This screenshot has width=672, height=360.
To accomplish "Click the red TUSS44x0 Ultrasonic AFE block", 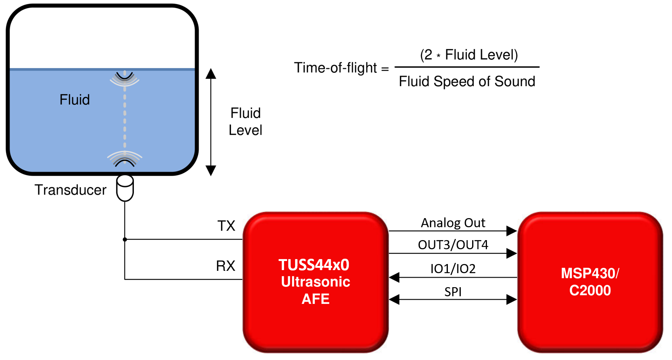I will (316, 282).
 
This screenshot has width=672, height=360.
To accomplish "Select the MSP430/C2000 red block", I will (590, 282).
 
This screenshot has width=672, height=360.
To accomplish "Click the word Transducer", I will (71, 190).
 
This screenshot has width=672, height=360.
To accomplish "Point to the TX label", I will (226, 226).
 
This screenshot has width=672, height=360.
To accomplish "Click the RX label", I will (226, 266).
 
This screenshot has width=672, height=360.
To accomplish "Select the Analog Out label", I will (453, 223).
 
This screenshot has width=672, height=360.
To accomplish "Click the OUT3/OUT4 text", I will (453, 245).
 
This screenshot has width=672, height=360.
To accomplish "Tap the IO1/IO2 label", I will (453, 269).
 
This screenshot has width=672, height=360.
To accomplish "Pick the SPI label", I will (453, 292).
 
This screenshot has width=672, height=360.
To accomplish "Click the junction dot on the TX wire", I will (125, 239).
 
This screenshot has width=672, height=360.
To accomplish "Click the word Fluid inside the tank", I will (75, 100).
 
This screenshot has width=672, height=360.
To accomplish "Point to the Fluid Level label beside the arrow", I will (245, 122).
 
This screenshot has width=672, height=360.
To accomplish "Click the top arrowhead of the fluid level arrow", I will (211, 74).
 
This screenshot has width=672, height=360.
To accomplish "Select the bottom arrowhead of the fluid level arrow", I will (211, 170).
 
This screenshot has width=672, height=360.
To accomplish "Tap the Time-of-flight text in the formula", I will (336, 68).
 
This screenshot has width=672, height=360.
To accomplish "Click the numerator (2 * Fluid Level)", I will (469, 55).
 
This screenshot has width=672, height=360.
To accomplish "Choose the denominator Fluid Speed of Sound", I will (467, 82).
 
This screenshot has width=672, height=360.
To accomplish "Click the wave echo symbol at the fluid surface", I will (125, 78).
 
